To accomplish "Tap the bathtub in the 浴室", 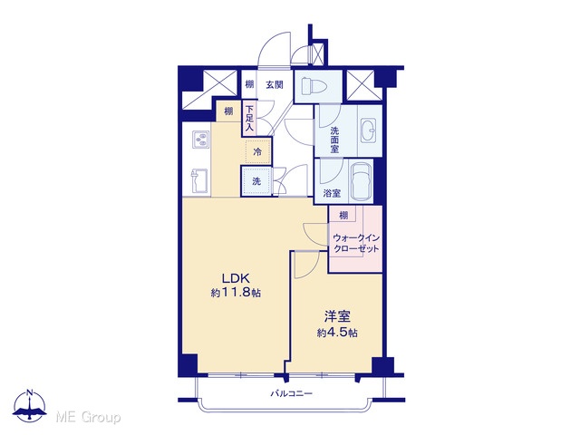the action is point(361,181).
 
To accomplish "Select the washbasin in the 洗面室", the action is point(369,130).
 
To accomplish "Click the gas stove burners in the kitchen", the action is point(201,140).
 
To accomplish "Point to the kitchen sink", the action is point(199,181).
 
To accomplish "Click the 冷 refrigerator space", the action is point(257,151).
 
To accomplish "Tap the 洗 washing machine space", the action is point(256,181).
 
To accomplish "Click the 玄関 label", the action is point(274,84).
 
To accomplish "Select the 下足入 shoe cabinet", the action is point(250,119).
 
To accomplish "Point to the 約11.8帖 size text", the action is point(236,293).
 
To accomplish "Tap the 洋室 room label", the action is point(337,316).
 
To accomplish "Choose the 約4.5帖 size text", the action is point(337,333).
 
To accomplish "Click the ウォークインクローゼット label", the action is point(356,243).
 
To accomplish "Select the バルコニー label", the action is point(291,393).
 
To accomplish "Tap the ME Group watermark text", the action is point(88,418).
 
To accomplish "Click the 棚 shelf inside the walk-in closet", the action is point(343,215).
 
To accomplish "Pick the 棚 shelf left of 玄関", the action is point(250,84).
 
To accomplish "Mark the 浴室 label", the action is point(332,193).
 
